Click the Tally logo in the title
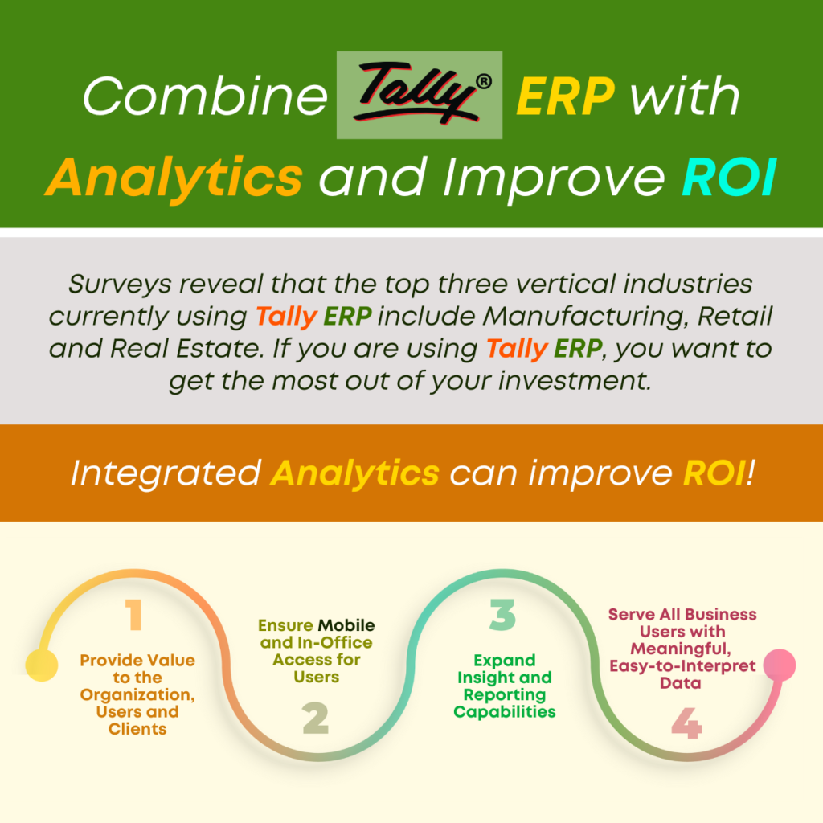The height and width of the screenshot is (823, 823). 420,95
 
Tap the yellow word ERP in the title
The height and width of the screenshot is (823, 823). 565,96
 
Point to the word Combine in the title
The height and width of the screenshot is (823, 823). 205,96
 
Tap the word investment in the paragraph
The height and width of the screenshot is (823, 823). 575,380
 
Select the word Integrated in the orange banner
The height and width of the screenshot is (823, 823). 166,474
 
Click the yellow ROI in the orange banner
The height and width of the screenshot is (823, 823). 714,473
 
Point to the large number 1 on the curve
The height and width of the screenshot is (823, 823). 134,614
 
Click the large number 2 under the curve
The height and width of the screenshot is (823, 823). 315,718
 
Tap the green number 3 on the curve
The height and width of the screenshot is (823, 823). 502,615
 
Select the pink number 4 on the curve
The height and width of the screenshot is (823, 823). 686,723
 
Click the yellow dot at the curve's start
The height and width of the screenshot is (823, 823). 42,665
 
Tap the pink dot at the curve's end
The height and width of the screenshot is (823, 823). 780,665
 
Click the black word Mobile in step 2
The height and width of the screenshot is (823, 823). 346,625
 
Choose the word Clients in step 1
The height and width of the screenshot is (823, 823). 137,729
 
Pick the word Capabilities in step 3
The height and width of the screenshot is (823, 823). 505,712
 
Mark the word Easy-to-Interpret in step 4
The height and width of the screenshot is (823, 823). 682,666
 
